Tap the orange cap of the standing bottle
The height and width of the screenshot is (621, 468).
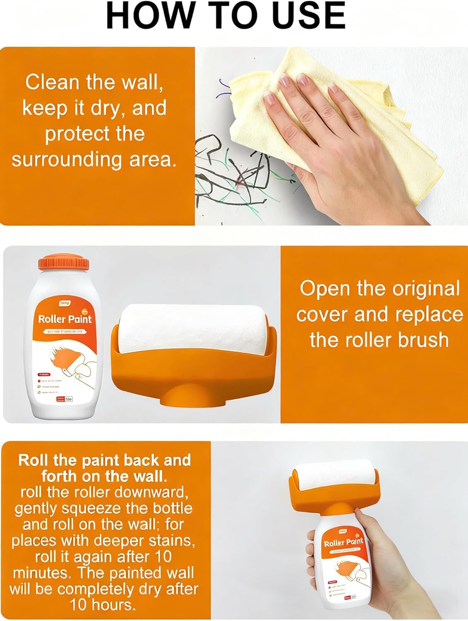[64, 263]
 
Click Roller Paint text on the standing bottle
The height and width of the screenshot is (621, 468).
[65, 319]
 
